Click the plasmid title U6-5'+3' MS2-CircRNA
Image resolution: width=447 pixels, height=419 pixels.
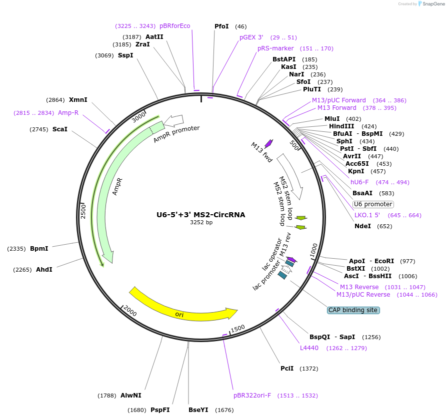point(201,215)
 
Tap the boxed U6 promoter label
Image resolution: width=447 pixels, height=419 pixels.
point(373,204)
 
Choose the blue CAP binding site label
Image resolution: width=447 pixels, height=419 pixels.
point(353,310)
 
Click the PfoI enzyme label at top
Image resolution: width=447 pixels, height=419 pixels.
point(221,26)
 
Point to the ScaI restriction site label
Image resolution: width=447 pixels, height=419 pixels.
point(59,129)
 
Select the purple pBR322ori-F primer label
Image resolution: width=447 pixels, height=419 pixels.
point(252,396)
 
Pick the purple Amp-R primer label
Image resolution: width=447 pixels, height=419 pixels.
point(68,113)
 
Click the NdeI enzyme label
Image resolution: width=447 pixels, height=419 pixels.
point(362,226)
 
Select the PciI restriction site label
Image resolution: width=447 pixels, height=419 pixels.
point(287,369)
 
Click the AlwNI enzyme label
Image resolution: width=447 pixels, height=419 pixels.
point(130,396)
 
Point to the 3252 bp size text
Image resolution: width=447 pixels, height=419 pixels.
point(201,223)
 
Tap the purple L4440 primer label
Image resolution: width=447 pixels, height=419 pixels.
point(309,348)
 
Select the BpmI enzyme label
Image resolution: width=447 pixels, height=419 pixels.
point(39,249)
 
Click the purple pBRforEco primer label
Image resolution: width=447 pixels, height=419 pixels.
point(174,26)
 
